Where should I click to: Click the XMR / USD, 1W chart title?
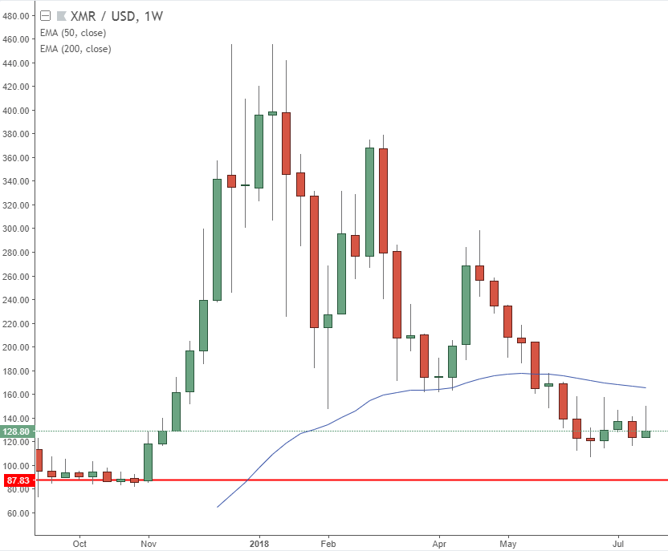click(116, 15)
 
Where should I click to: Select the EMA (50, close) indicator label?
click(73, 33)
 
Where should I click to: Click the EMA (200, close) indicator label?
click(75, 49)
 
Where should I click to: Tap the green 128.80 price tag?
click(18, 431)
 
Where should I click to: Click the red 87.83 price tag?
click(18, 480)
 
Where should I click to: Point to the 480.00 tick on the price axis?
click(17, 15)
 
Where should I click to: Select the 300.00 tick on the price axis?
click(17, 229)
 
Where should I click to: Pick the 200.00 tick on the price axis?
click(17, 347)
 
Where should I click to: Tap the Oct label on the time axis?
click(79, 543)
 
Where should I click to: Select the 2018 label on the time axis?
click(259, 543)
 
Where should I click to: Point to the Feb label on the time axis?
click(328, 543)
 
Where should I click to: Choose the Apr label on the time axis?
click(439, 543)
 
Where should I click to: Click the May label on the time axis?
click(508, 543)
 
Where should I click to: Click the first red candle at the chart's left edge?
click(39, 460)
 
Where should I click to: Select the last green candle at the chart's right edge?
click(646, 434)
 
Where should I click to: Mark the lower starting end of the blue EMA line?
click(218, 507)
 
